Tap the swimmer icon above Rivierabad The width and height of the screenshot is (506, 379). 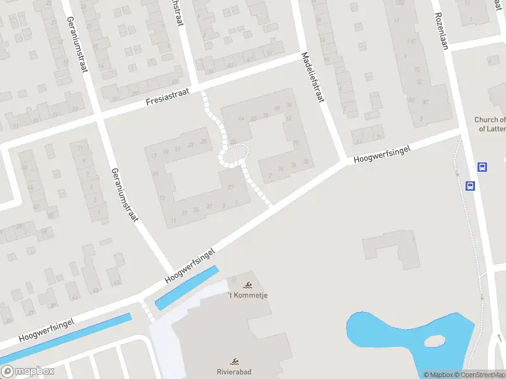pyautogui.click(x=235, y=362)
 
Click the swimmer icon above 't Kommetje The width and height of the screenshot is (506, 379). pyautogui.click(x=247, y=285)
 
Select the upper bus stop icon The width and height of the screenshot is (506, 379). pyautogui.click(x=482, y=167)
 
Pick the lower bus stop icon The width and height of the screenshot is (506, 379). pyautogui.click(x=471, y=186)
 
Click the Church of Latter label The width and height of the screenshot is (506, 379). pyautogui.click(x=491, y=124)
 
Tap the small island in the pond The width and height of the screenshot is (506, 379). pyautogui.click(x=435, y=341)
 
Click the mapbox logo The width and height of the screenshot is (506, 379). pyautogui.click(x=28, y=371)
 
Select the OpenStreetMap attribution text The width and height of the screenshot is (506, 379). pyautogui.click(x=480, y=375)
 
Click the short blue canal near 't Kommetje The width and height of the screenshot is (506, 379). pyautogui.click(x=187, y=287)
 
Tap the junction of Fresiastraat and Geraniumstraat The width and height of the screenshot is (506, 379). pyautogui.click(x=100, y=116)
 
